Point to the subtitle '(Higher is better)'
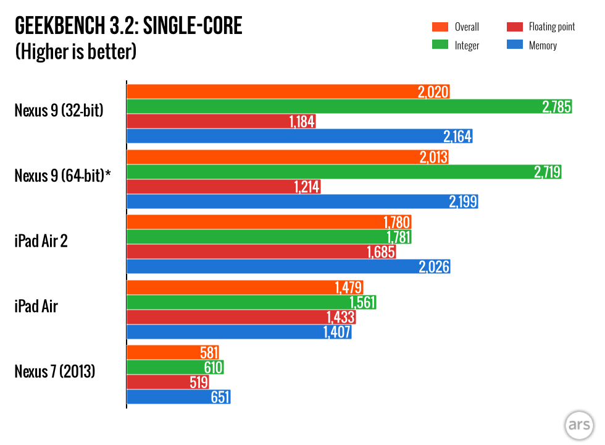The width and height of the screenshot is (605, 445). tap(75, 51)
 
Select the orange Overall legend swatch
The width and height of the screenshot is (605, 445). tap(440, 27)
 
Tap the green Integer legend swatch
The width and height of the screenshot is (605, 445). tap(440, 45)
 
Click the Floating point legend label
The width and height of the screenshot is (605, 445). tap(551, 27)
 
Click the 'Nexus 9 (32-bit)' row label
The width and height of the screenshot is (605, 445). tap(59, 111)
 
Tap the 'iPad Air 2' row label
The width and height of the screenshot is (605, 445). tap(41, 240)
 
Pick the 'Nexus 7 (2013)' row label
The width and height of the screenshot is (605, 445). tap(55, 373)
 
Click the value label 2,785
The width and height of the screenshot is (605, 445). tap(557, 107)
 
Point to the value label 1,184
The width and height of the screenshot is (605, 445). tap(302, 122)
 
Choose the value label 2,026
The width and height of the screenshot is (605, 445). tap(435, 267)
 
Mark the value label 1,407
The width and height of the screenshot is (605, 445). tap(336, 332)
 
